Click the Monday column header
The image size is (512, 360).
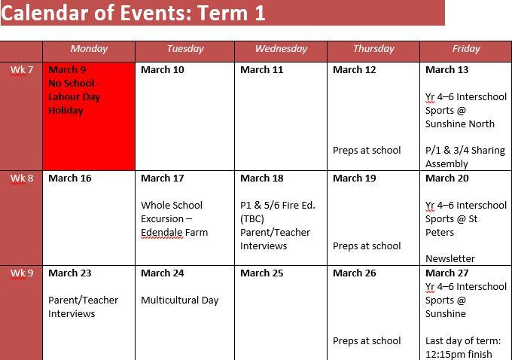coord(89,49)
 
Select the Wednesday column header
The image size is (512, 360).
coord(281,49)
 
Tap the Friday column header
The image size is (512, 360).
coord(466,49)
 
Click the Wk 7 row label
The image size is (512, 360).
coord(22,70)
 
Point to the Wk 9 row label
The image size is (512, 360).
coord(22,273)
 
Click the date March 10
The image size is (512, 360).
coord(163,70)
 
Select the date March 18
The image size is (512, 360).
coord(262,178)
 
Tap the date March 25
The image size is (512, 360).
coord(262,273)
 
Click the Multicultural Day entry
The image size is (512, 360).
coord(180,301)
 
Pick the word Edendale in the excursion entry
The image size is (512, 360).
coord(162,233)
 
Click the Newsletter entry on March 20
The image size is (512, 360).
coord(450,259)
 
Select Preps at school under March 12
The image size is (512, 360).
coord(367,151)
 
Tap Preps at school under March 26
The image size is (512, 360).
coord(367,341)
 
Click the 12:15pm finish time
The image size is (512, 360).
coord(459,355)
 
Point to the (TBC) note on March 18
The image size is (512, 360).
coord(252,219)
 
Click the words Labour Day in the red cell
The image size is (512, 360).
coord(74,97)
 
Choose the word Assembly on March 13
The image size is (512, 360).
coord(446,164)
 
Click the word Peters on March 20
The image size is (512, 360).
coord(440,233)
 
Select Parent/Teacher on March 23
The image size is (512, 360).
coord(84,301)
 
